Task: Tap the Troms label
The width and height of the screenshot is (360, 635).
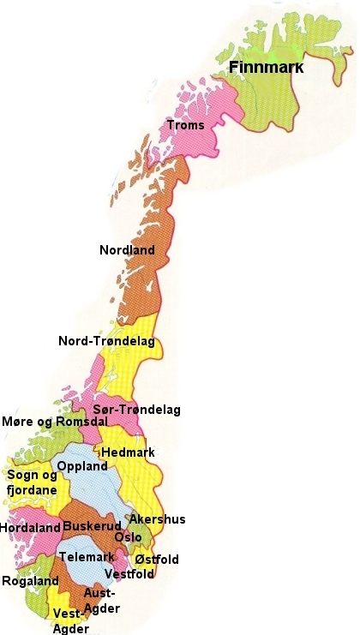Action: click(x=186, y=126)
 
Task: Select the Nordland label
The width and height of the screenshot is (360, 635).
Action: click(x=127, y=251)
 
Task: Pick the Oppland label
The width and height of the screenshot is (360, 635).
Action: click(x=82, y=467)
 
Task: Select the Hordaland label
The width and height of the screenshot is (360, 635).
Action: click(x=29, y=528)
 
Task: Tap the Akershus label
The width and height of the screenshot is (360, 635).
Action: click(x=157, y=519)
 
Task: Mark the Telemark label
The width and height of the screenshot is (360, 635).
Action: click(x=86, y=557)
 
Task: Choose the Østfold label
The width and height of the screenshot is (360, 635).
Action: click(x=157, y=560)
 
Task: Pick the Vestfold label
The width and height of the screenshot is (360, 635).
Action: click(x=129, y=574)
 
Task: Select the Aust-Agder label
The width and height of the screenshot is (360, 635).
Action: click(x=102, y=600)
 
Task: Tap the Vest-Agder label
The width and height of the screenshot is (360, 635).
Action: click(x=69, y=621)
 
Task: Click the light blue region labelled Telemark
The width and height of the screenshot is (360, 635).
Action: click(x=81, y=544)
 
